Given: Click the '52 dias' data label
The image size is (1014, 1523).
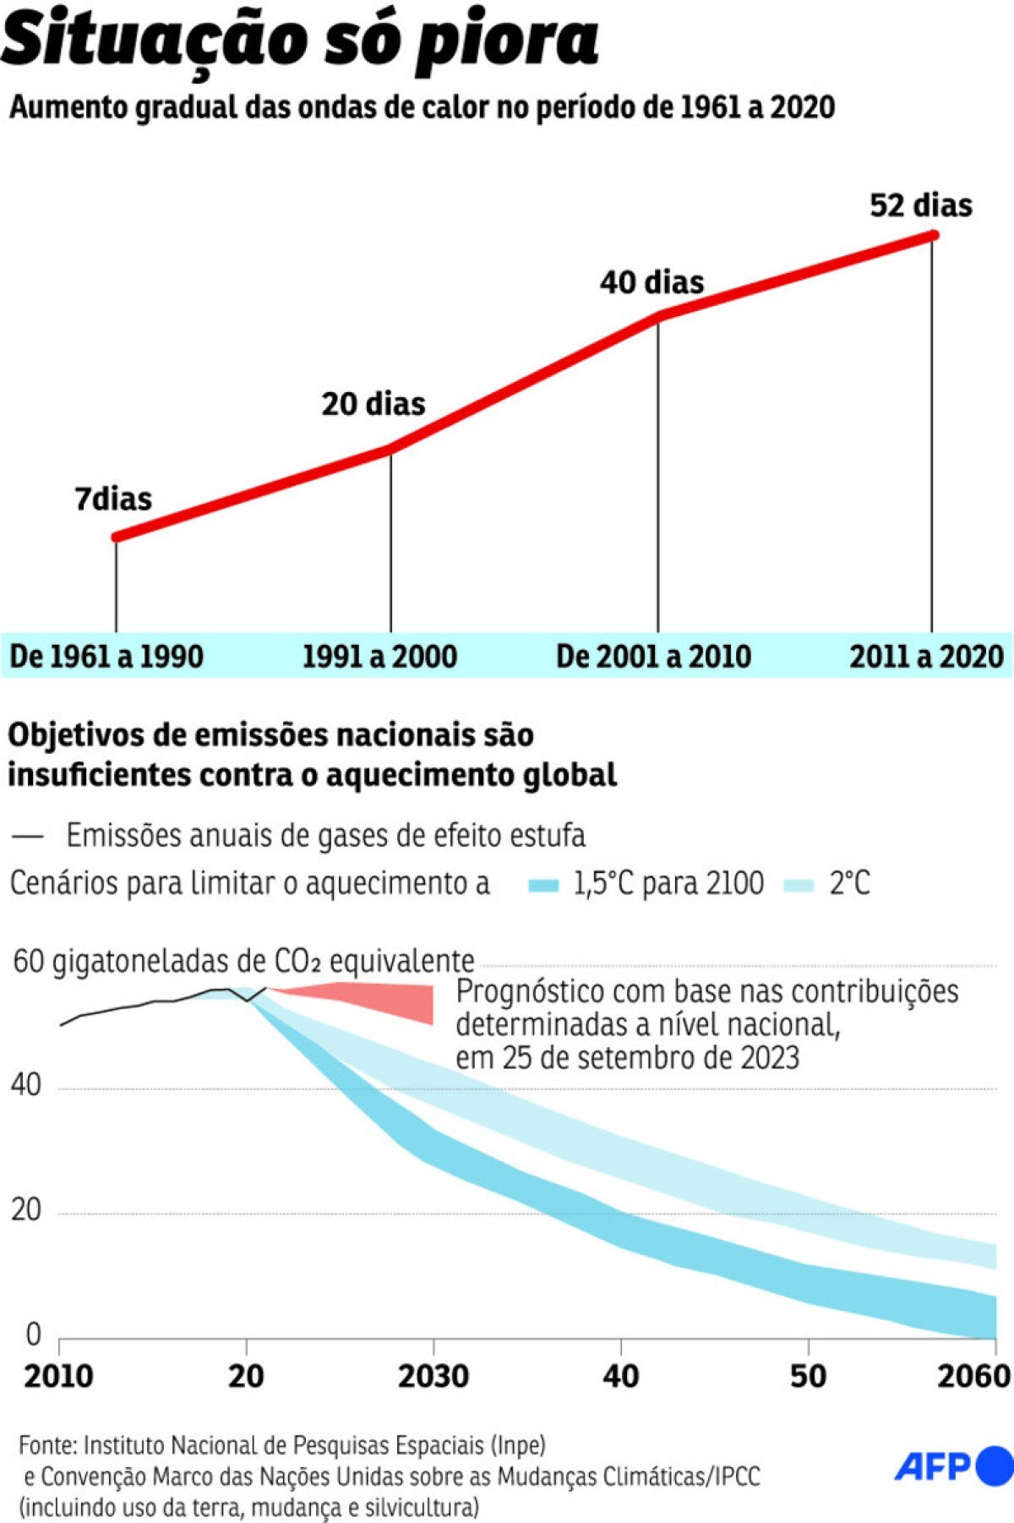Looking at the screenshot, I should (x=920, y=205).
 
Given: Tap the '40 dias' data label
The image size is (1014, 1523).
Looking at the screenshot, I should (x=651, y=282).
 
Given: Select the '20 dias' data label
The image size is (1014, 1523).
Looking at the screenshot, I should (x=373, y=404).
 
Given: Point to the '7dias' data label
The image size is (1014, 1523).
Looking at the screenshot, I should (x=113, y=499).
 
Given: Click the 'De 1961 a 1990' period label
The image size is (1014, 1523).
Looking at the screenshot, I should (x=106, y=657).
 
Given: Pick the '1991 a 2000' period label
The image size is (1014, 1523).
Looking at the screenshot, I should (x=379, y=657).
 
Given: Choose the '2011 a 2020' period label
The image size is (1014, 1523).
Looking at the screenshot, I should (x=926, y=657).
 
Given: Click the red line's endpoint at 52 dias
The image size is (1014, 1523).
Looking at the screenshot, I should (x=932, y=236).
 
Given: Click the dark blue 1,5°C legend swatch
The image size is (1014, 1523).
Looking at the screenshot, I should (x=543, y=885).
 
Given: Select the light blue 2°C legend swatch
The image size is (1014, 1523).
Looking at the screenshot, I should (x=799, y=885).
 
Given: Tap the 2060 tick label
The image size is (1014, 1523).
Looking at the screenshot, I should (x=973, y=1376).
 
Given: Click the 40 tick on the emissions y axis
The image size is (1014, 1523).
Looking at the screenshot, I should (x=26, y=1085).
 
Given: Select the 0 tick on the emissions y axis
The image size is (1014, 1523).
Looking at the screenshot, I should (x=33, y=1334).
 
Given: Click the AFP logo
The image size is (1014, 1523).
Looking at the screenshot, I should (x=953, y=1466).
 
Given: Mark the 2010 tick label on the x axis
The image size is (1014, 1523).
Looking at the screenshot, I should (x=58, y=1376).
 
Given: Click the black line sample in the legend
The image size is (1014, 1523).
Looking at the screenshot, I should (x=28, y=836).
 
